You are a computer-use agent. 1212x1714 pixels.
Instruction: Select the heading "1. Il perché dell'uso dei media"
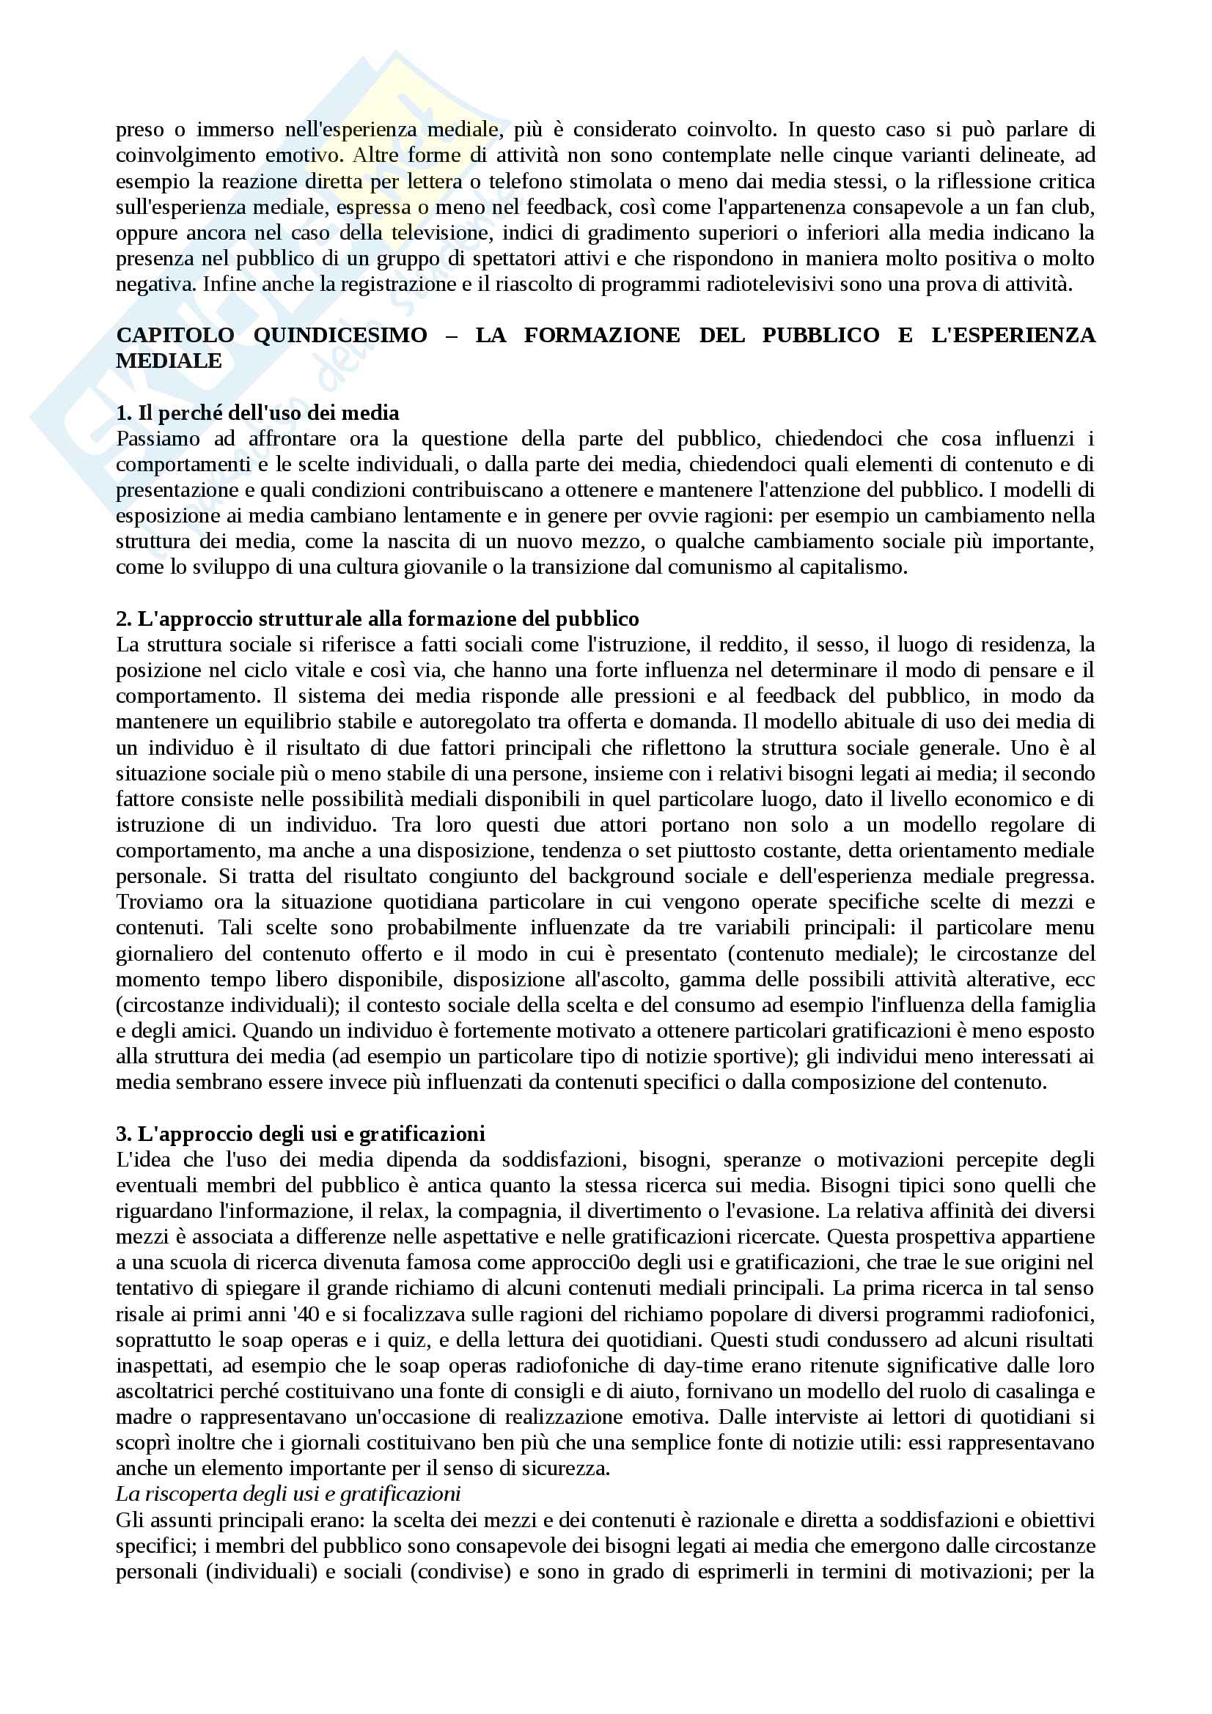coord(257,413)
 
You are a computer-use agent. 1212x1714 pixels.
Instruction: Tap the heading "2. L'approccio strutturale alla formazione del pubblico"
coord(377,619)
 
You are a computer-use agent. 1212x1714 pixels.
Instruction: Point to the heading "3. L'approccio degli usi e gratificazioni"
coord(300,1134)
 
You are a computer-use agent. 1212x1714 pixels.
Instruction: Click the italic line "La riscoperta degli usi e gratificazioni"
coord(288,1493)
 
